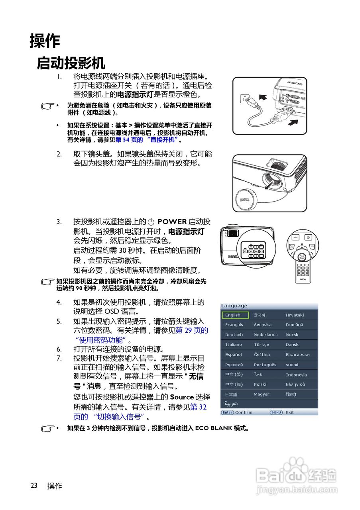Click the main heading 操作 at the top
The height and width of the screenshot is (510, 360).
coord(45,41)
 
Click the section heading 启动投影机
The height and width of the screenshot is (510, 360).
coord(71,63)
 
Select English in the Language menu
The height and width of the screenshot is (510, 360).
coord(235,315)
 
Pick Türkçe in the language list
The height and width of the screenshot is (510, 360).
coord(262,345)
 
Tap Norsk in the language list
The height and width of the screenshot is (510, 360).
coord(292,335)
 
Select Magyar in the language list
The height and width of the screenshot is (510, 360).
coord(262,394)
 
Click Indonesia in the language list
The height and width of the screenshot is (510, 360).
coord(296,375)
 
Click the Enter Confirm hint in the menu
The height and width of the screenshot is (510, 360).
coord(237,412)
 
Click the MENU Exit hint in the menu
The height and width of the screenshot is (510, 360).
coord(282,412)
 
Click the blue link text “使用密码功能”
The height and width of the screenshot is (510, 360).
coord(101,340)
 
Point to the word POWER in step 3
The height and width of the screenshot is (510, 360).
coord(172,222)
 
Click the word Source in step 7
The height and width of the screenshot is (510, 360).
coord(181,397)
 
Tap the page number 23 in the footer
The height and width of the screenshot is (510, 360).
coord(34,486)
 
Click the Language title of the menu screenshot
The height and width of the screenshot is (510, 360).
coord(234,306)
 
